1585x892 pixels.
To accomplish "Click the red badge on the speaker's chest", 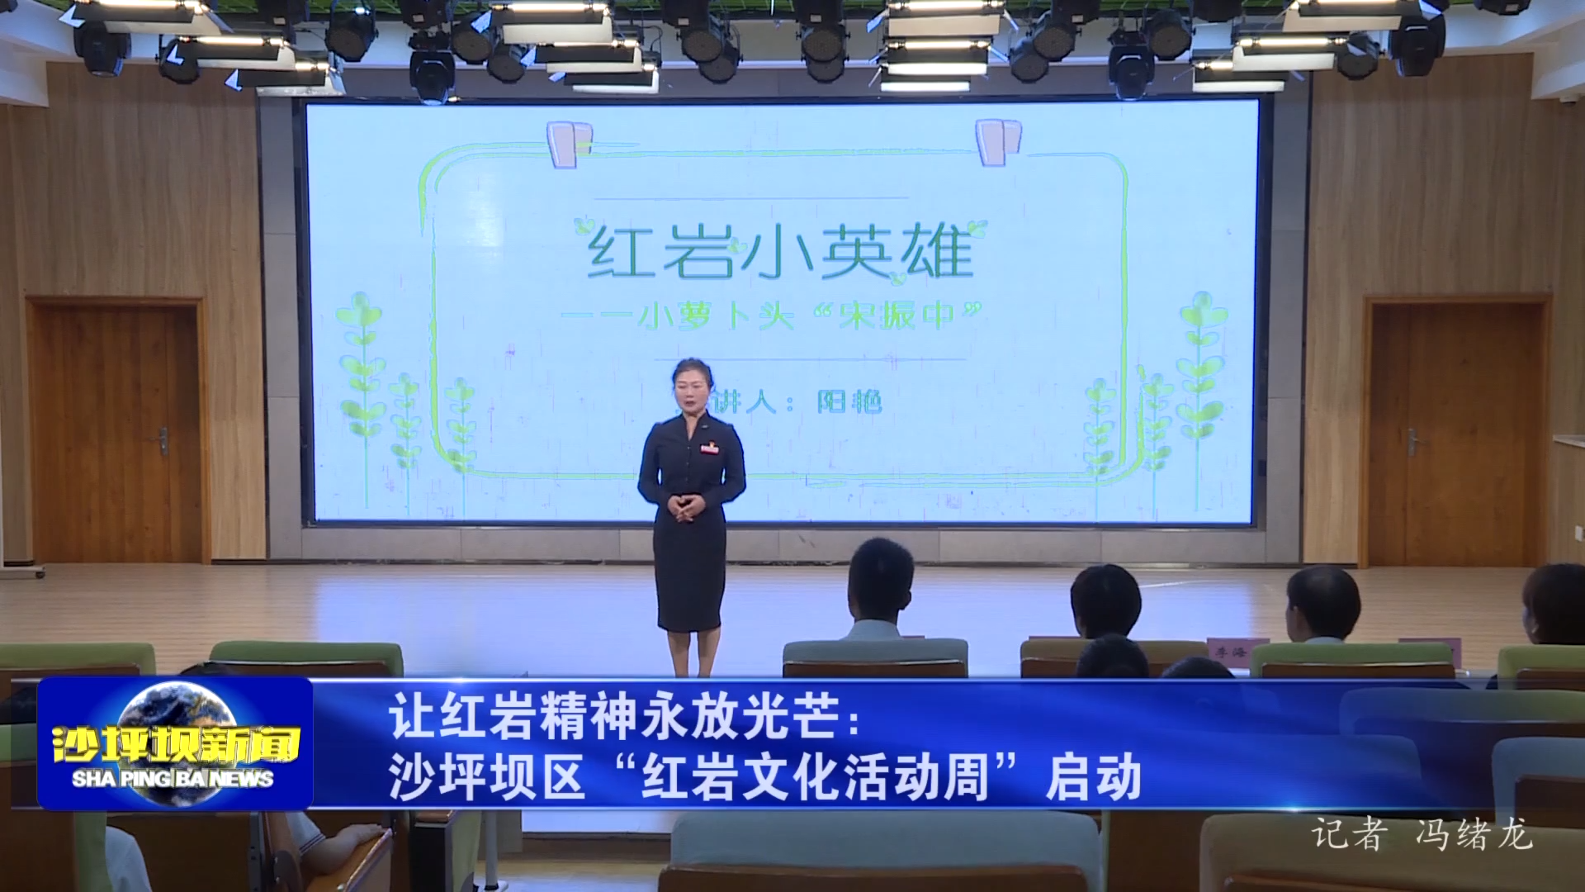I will pos(708,448).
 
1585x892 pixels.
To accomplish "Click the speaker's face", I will pos(691,387).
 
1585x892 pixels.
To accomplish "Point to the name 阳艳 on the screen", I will pos(849,402).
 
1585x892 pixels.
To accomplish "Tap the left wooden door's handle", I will pos(163,441).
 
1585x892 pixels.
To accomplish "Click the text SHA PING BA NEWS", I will pos(173,779).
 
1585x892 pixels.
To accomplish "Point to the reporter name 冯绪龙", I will pos(1474,834).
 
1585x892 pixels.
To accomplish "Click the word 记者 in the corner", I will pos(1347,834).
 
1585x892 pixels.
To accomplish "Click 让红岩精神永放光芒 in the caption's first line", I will pos(615,716).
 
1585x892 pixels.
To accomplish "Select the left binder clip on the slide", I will pos(570,144).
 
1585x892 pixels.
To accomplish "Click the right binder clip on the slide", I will pos(998,141).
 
